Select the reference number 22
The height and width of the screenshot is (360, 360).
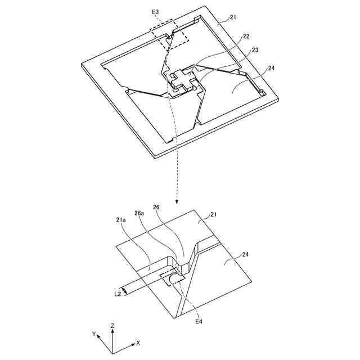tap(246, 37)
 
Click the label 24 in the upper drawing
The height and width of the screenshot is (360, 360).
tap(271, 69)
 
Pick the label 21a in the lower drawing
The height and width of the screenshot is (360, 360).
tap(121, 219)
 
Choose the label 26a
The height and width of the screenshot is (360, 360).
tap(138, 213)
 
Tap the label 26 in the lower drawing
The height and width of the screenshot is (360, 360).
tap(156, 207)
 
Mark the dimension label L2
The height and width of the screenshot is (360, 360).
tap(117, 293)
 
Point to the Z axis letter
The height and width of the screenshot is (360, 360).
tap(113, 326)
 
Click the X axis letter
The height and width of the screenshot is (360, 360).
tap(138, 342)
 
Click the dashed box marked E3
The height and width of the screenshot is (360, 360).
tap(169, 35)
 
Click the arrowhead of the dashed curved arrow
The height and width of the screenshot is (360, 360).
tap(177, 201)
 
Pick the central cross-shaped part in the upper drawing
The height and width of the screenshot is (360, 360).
tap(182, 80)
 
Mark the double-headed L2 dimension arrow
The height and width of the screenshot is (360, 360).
tap(126, 290)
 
